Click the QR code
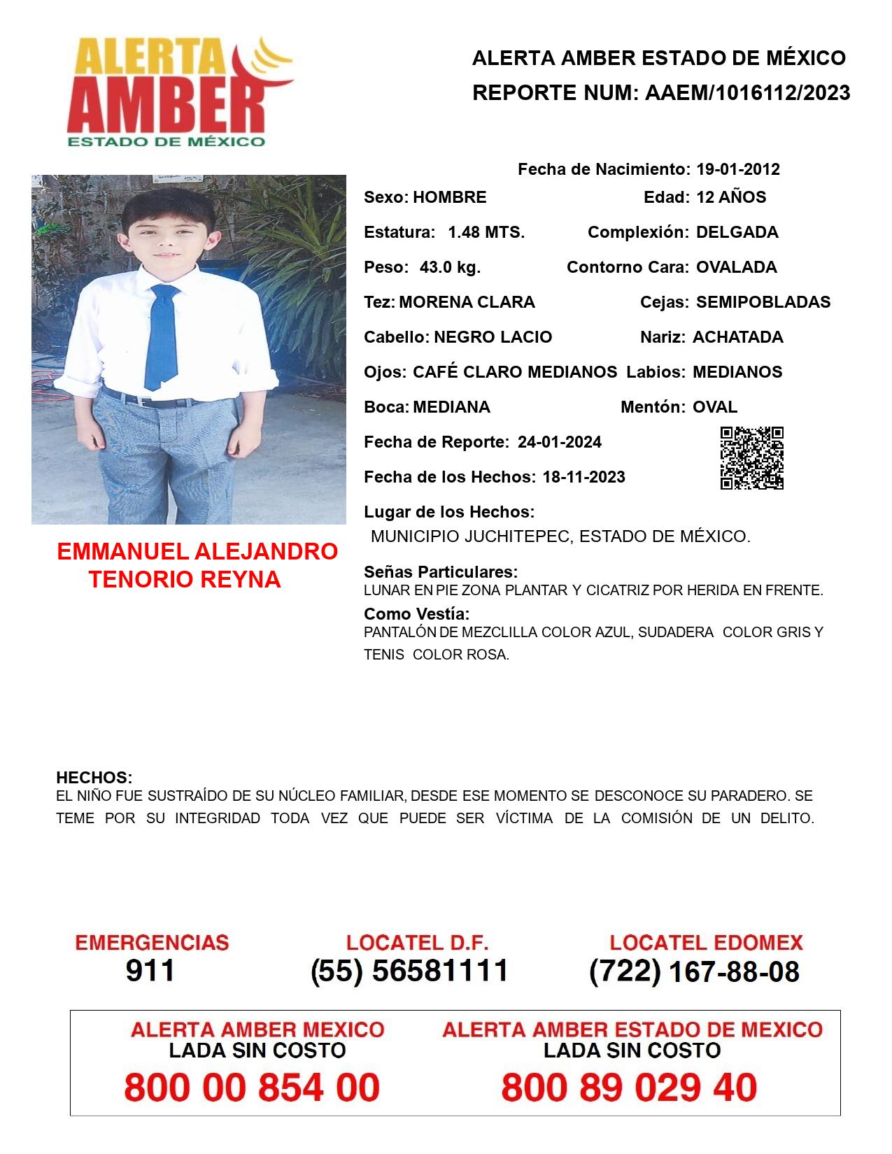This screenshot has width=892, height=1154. coord(752,458)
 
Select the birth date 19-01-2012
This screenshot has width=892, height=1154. coord(737,169)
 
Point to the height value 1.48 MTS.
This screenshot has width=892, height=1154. coord(486,232)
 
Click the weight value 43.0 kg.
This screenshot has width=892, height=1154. coord(450,267)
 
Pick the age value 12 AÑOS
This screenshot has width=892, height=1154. coord(731,197)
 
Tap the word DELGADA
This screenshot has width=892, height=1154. coord(737,232)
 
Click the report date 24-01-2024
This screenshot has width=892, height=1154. coord(560,442)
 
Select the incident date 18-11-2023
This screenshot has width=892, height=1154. coord(584,477)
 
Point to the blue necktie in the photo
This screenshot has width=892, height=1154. coord(162,336)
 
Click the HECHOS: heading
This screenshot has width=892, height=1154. coord(94,778)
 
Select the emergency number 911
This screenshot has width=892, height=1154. coord(150,971)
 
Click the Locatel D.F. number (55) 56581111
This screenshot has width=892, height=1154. coord(409,971)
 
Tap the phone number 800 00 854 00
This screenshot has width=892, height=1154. coord(252,1088)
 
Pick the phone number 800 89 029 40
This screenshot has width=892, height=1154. coord(629,1088)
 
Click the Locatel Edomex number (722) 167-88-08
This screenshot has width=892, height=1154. coord(694,971)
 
